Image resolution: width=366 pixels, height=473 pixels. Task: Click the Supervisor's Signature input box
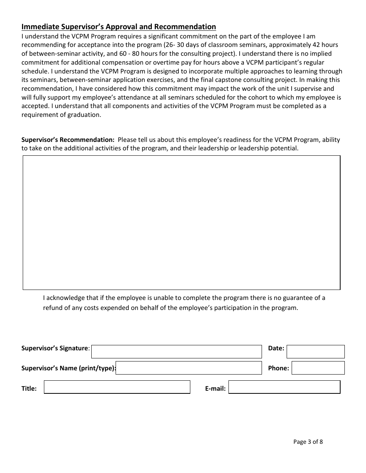point(176,351)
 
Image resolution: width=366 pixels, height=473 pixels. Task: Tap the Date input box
point(316,351)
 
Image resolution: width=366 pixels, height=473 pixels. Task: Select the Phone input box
point(318,368)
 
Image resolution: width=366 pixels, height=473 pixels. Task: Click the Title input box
point(117,387)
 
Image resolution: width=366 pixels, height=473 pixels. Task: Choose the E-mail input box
point(285,387)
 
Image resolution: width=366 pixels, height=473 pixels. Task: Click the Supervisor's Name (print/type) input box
point(189,368)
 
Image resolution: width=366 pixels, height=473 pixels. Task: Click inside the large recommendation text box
point(181,222)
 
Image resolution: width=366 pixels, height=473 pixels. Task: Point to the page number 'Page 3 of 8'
point(308,441)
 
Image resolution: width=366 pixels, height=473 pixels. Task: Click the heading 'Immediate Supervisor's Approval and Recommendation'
point(119,27)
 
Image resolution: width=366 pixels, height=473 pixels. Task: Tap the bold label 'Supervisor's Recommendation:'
point(68,140)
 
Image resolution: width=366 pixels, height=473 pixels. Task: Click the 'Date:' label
point(276,348)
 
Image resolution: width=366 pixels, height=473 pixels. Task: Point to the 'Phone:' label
point(279,368)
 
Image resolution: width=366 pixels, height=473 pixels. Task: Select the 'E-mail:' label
point(215,388)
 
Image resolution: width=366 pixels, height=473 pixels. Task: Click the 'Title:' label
point(29,388)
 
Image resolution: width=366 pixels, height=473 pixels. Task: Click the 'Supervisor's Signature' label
point(55,348)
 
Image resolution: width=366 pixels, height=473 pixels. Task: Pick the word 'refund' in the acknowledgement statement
point(52,308)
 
